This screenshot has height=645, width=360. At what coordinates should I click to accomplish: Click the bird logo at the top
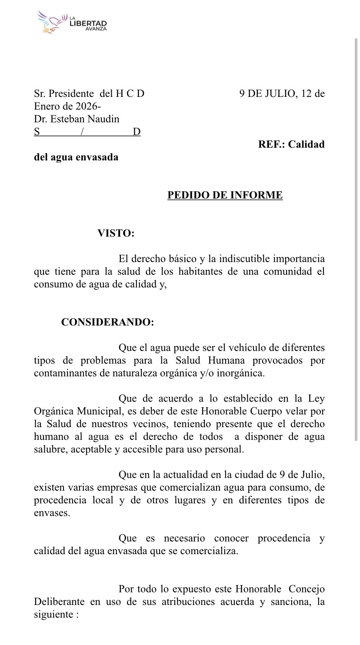[x=52, y=22]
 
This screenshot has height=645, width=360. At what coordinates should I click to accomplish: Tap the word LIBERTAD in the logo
[x=88, y=23]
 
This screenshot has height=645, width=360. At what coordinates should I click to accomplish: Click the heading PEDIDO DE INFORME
[x=225, y=195]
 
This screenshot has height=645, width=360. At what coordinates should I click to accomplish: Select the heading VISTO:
[x=116, y=233]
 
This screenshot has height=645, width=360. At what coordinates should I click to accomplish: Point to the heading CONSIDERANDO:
[x=107, y=322]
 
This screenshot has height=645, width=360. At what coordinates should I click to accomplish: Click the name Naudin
[x=102, y=119]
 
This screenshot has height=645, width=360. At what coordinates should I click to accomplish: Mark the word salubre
[x=49, y=449]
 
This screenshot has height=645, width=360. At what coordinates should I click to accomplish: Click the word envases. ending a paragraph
[x=52, y=513]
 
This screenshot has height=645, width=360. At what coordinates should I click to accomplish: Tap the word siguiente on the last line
[x=53, y=615]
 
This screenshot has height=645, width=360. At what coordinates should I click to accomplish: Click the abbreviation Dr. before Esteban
[x=40, y=119]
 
